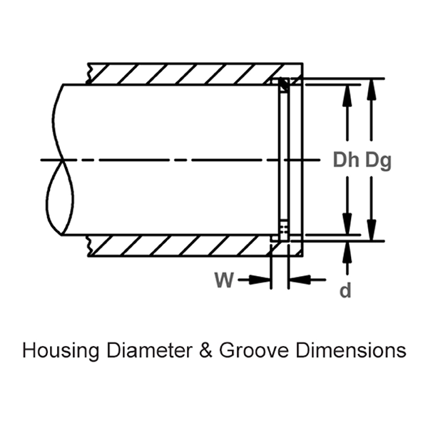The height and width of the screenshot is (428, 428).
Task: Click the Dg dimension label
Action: [x=378, y=160]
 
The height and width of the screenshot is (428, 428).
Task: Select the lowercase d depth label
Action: [x=346, y=292]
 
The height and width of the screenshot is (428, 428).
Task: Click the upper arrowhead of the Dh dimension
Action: [x=347, y=93]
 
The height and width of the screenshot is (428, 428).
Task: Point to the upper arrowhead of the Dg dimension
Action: [x=372, y=87]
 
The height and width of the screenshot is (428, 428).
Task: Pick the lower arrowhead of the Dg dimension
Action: [x=372, y=232]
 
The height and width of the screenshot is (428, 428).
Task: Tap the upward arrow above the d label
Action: [x=347, y=251]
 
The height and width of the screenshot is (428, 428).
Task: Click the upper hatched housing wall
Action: [x=178, y=74]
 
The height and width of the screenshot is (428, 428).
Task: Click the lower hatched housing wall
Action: [x=178, y=245]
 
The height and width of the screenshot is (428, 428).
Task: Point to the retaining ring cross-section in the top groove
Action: [x=283, y=86]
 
